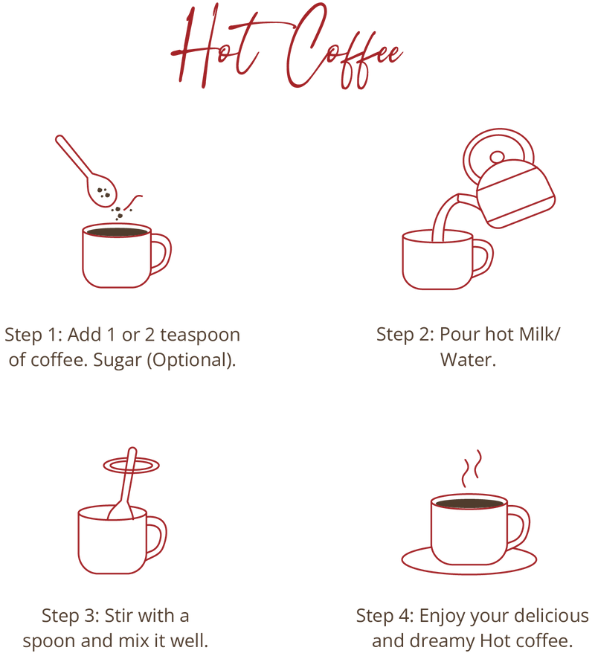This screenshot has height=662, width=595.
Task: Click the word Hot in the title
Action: pyautogui.click(x=216, y=46)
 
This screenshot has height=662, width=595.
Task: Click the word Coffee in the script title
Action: pyautogui.click(x=342, y=46)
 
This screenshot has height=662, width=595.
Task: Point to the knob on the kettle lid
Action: pyautogui.click(x=497, y=158)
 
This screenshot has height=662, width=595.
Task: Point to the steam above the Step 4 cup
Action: pyautogui.click(x=471, y=469)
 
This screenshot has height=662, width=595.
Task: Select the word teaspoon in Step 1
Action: pyautogui.click(x=200, y=335)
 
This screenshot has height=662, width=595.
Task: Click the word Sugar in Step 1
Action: pyautogui.click(x=117, y=361)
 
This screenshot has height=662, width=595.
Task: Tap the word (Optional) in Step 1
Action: pyautogui.click(x=191, y=361)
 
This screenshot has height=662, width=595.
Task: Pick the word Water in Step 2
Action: pyautogui.click(x=466, y=360)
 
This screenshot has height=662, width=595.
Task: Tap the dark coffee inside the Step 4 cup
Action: pyautogui.click(x=469, y=504)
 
